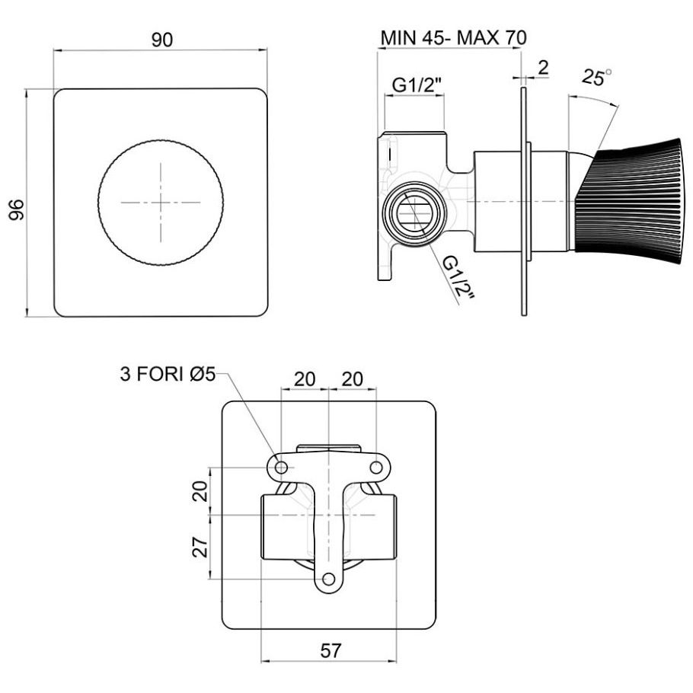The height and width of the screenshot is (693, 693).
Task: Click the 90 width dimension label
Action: point(161,40)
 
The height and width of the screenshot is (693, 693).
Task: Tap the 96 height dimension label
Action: point(16,209)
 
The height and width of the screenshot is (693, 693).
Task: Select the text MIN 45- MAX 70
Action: point(453,38)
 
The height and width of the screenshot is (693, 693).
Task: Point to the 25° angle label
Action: point(596,76)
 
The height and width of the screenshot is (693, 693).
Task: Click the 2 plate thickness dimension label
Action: point(543,67)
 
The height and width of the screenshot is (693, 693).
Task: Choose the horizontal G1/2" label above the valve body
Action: point(417,85)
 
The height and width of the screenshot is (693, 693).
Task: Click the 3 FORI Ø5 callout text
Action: point(168,375)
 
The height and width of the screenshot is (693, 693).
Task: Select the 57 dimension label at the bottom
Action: point(331,650)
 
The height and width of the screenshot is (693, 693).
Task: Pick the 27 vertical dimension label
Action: point(200,547)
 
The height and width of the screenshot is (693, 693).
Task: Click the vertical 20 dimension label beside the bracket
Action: point(200,491)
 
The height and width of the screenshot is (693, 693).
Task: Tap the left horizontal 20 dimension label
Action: point(305,378)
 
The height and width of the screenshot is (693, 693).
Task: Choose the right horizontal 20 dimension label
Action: point(353,378)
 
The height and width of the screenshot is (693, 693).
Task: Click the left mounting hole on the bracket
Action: point(281,467)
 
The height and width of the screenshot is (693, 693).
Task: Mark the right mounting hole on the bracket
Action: point(376,467)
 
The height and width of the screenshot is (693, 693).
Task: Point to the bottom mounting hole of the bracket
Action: point(328,579)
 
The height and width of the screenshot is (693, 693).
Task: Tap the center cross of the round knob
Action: point(161,203)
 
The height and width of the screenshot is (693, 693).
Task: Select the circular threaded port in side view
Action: point(411,213)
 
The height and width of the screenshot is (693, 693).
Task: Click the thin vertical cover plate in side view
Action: point(524,202)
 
